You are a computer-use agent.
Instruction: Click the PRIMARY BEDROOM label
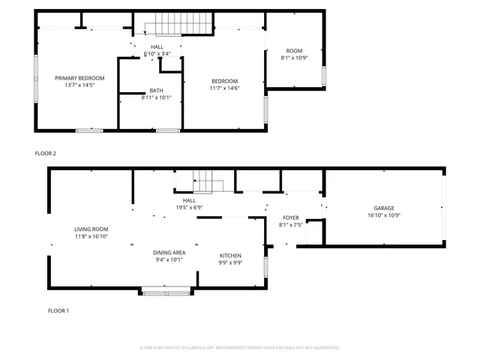pyautogui.click(x=79, y=78)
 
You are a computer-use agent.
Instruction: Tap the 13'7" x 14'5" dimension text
pyautogui.click(x=79, y=85)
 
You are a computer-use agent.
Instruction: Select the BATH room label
pyautogui.click(x=156, y=90)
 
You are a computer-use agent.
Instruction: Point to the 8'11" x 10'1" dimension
pyautogui.click(x=156, y=97)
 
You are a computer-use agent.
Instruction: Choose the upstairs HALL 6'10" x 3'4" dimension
pyautogui.click(x=157, y=54)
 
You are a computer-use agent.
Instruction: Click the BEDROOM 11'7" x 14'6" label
pyautogui.click(x=224, y=82)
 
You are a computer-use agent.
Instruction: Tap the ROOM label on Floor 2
pyautogui.click(x=295, y=50)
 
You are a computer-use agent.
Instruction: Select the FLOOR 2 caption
pyautogui.click(x=46, y=153)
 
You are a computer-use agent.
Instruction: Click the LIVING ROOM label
pyautogui.click(x=91, y=229)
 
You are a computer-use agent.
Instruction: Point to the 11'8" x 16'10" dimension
pyautogui.click(x=91, y=237)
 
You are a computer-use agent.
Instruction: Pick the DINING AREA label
pyautogui.click(x=170, y=253)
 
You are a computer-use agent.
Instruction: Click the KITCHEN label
pyautogui.click(x=230, y=256)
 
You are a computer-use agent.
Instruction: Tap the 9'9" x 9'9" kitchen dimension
pyautogui.click(x=230, y=263)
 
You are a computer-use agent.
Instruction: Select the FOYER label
pyautogui.click(x=290, y=217)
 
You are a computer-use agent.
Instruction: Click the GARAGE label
pyautogui.click(x=384, y=208)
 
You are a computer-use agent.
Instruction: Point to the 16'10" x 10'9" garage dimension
pyautogui.click(x=384, y=215)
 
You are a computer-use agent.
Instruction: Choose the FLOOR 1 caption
pyautogui.click(x=58, y=310)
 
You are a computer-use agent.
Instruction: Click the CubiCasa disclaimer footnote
pyautogui.click(x=240, y=348)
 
